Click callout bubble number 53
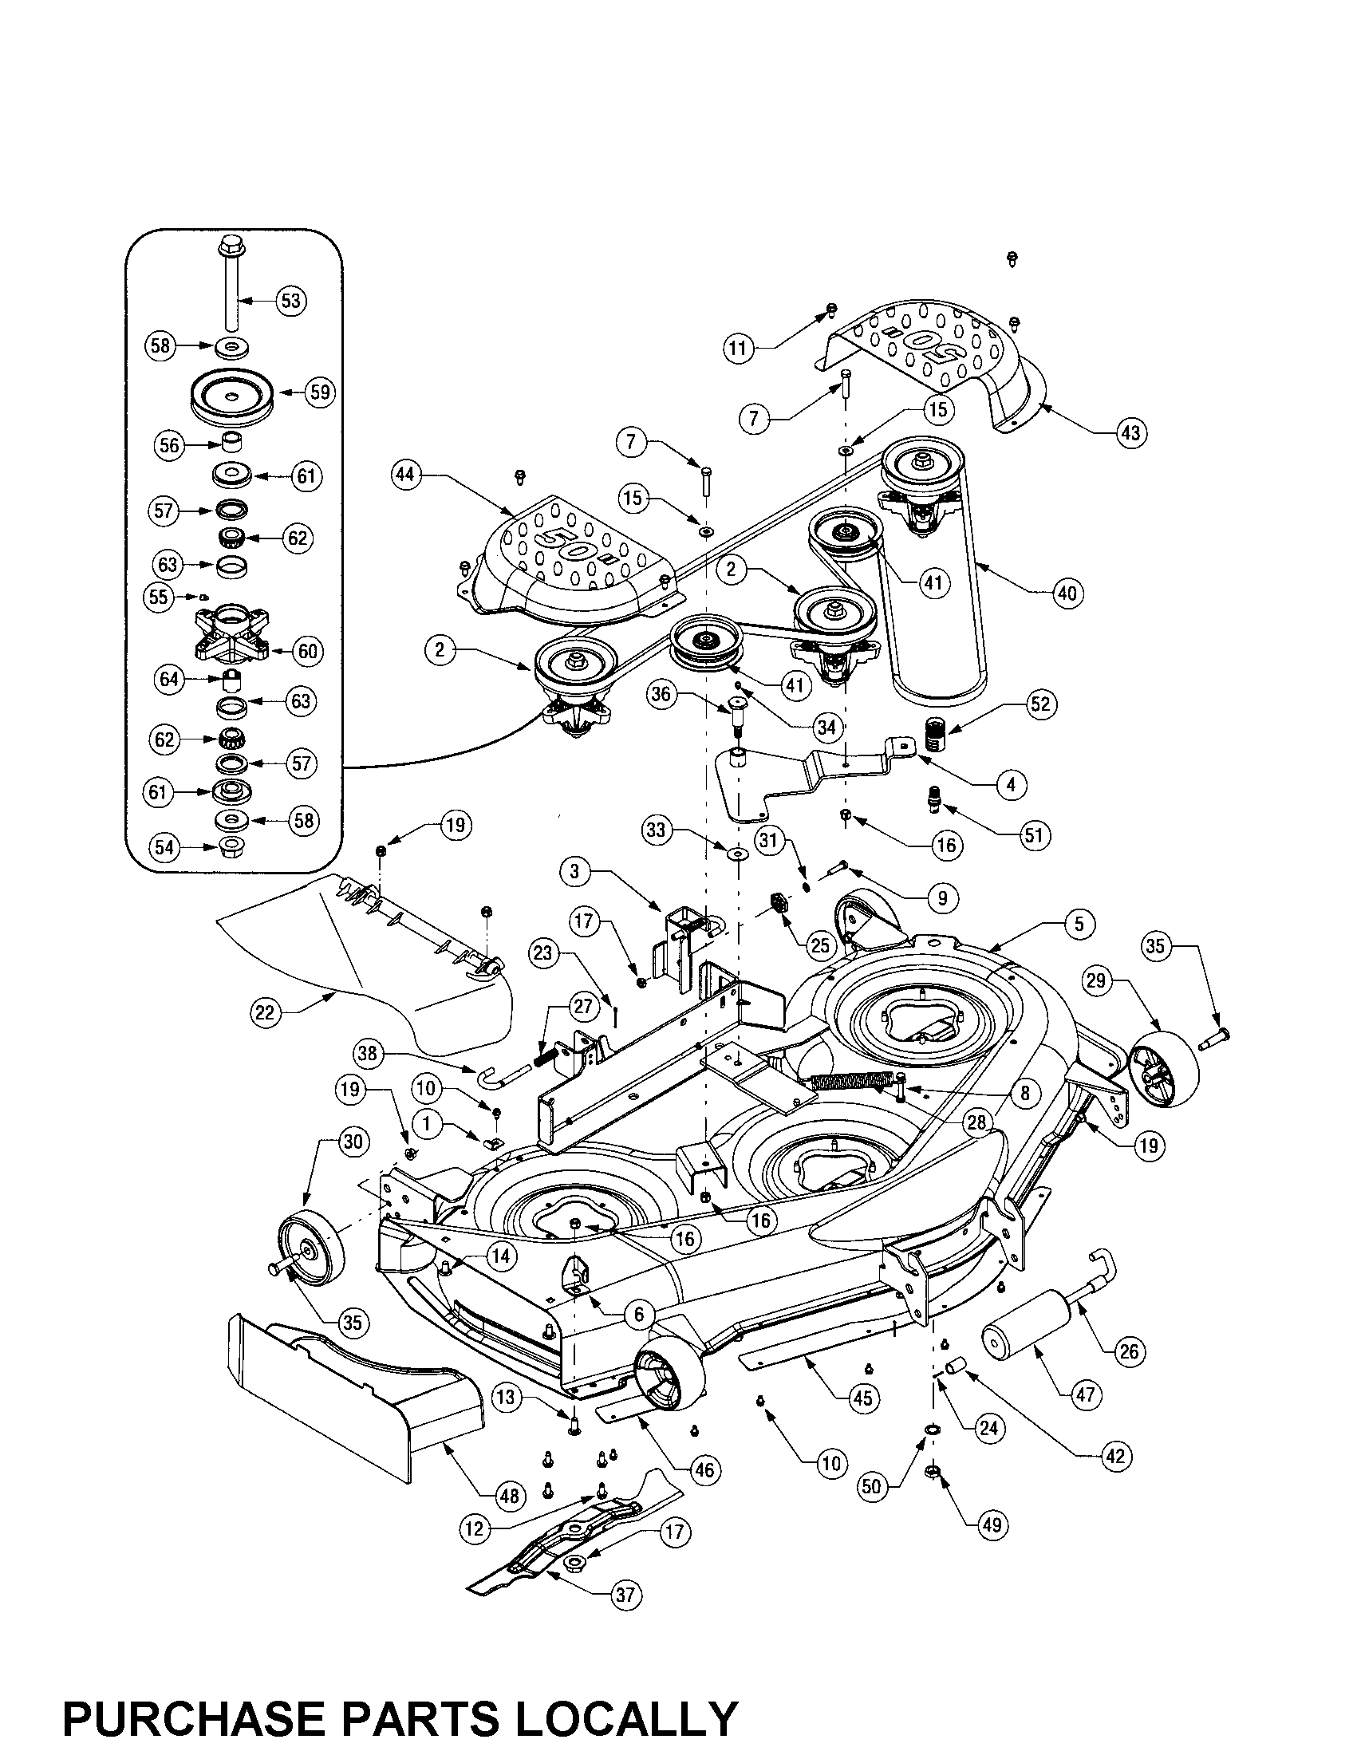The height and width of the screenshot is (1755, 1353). click(290, 301)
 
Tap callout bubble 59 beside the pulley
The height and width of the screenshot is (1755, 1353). click(320, 393)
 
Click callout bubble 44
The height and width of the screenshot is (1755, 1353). click(406, 475)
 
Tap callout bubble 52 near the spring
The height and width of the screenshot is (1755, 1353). click(1039, 704)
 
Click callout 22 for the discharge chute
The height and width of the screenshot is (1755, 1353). click(265, 1012)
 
